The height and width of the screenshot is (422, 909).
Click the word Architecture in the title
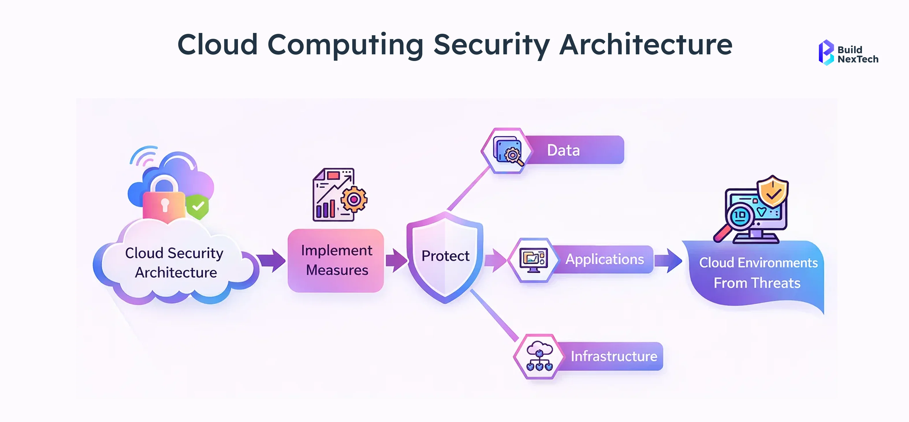pos(645,45)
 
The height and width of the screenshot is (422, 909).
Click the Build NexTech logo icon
pos(826,53)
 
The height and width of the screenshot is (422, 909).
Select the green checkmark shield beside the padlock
pos(198,207)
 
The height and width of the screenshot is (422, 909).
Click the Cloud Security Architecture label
pos(175,262)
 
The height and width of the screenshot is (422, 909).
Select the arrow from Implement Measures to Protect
pos(396,261)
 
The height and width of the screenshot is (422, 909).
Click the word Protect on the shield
pos(445,256)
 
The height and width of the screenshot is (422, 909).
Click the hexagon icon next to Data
pos(507,151)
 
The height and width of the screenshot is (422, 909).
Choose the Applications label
pos(604,260)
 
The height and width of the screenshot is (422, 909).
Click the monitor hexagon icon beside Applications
pos(533,260)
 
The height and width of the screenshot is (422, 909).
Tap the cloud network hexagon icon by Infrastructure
pos(539,357)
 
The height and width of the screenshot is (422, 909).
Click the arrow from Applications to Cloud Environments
pos(668,261)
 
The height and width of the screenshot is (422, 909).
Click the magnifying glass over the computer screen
pos(737,217)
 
